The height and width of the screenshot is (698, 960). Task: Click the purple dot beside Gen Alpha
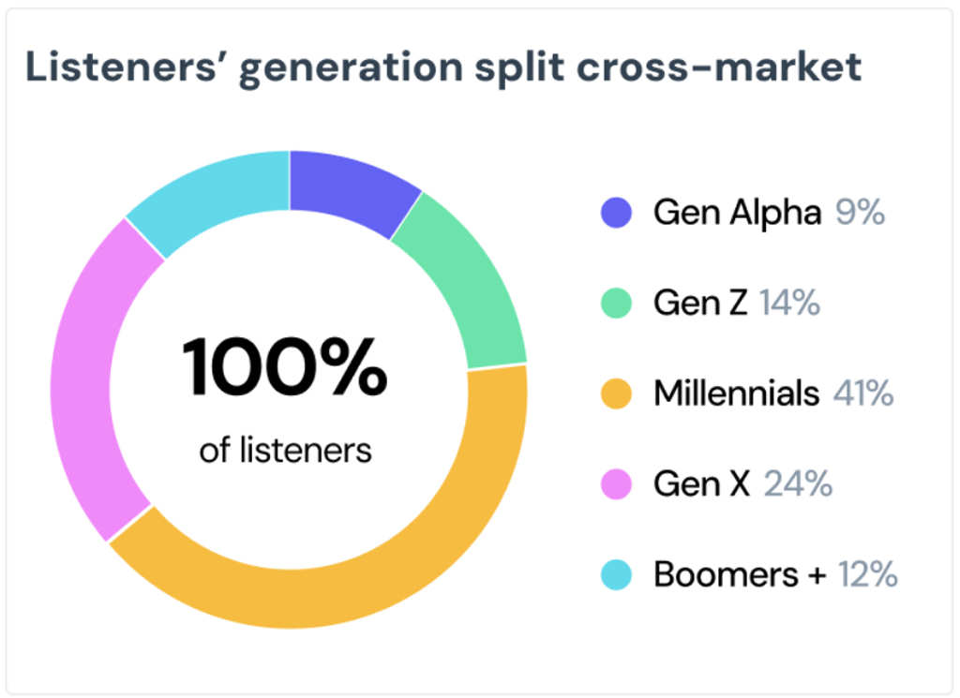(x=616, y=213)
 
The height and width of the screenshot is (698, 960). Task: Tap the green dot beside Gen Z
(x=616, y=304)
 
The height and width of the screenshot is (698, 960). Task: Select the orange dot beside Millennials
(x=616, y=394)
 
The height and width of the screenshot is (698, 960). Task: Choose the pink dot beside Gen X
(x=616, y=484)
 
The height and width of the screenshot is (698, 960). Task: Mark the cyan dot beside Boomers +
(x=616, y=574)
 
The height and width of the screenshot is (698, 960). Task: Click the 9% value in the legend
(x=860, y=213)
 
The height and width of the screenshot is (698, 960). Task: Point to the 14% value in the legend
(x=789, y=304)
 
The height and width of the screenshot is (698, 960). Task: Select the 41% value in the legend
(x=862, y=394)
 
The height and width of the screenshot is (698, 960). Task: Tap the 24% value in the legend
(x=798, y=484)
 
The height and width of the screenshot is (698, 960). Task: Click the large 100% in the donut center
(x=285, y=367)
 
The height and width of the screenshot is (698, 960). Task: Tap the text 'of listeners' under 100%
(x=285, y=451)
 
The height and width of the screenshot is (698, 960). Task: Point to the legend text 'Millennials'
(x=736, y=394)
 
